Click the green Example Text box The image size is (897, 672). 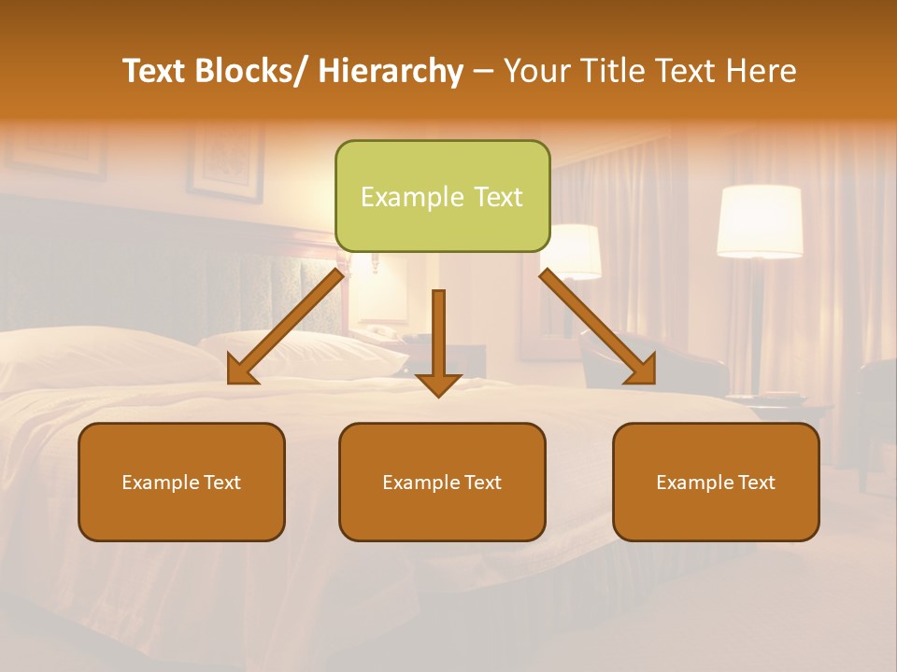coord(442,196)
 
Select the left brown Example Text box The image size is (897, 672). coord(181,482)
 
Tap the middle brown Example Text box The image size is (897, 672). coord(442,482)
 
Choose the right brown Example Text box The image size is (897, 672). coord(716,482)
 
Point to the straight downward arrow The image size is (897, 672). coord(438,341)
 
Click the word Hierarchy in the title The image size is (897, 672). coord(391,71)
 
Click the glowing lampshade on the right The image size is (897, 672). coord(760,221)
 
